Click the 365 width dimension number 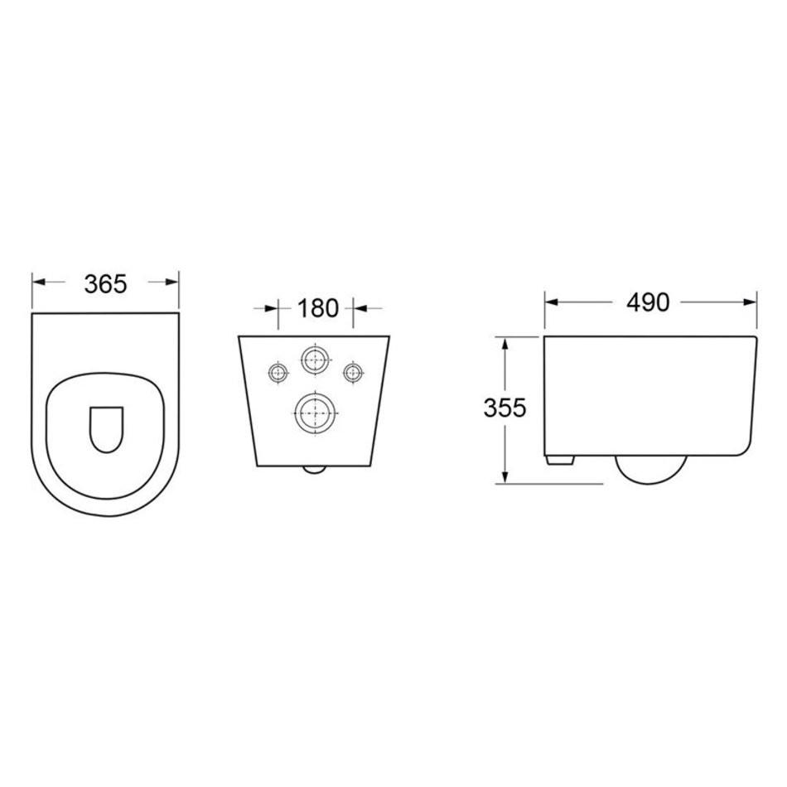point(105,284)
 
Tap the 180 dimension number point(318,307)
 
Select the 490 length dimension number point(648,302)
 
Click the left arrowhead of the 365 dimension point(39,282)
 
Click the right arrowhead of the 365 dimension point(172,282)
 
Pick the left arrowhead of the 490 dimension point(552,302)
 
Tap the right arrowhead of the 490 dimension point(750,302)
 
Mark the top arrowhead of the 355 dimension point(505,345)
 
